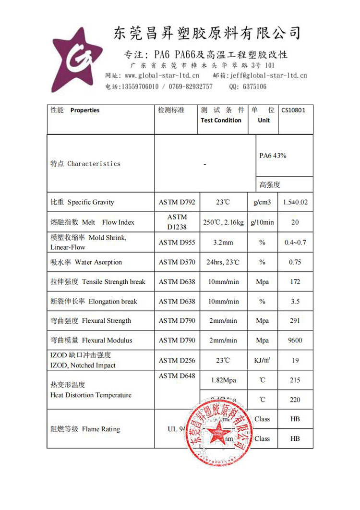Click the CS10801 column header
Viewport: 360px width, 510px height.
coord(293,110)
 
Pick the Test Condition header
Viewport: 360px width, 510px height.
coord(221,120)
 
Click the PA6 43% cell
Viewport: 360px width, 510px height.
coord(273,156)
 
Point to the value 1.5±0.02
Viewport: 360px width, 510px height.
coord(295,202)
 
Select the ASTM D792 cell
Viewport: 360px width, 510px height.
coord(177,202)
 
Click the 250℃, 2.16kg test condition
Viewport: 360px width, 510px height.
coord(223,222)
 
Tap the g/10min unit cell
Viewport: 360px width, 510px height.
coord(262,222)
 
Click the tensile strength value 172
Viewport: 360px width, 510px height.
coord(295,282)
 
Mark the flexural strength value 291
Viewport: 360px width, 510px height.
coord(295,321)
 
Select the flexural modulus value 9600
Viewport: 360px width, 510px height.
coord(295,340)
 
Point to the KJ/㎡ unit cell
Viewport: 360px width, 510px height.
coord(262,360)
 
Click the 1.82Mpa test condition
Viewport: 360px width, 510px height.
coord(223,380)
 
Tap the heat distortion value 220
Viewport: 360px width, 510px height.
coord(295,400)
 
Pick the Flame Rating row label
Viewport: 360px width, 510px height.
coord(85,429)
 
